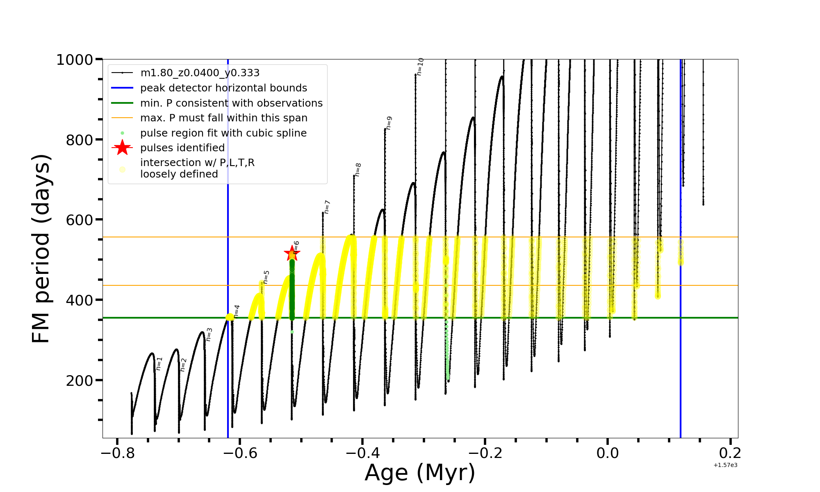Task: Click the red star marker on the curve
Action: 292,253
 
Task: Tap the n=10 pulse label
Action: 420,66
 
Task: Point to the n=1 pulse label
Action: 159,364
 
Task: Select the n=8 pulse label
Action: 358,170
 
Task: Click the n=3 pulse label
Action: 209,335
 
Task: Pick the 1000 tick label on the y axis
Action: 75,60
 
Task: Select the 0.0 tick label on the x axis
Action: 608,453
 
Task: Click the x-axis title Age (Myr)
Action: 420,473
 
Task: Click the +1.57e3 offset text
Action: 725,465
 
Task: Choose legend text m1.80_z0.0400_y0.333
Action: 200,73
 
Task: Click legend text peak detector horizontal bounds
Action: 223,88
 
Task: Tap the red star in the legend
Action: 122,148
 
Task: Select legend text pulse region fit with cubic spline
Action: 223,133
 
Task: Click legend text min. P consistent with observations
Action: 231,103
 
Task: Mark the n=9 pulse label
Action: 389,123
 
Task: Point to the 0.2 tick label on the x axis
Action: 730,453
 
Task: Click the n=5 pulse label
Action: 266,277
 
